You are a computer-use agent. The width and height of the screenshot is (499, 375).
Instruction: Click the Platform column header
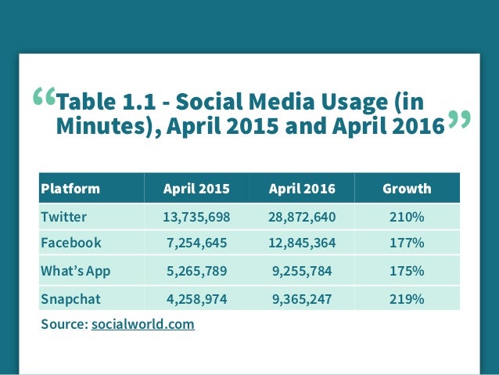tap(70, 189)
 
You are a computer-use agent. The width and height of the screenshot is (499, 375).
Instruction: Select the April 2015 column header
tap(196, 189)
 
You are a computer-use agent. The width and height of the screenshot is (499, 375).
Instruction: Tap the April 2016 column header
tap(302, 189)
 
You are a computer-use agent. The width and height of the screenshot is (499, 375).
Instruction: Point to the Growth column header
tap(407, 189)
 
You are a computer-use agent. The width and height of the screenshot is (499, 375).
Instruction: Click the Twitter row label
tap(63, 217)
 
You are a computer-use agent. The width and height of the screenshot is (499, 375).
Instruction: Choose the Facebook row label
tap(71, 243)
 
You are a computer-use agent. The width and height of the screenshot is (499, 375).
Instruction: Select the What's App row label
tap(76, 271)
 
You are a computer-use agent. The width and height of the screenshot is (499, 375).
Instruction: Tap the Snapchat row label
tap(70, 299)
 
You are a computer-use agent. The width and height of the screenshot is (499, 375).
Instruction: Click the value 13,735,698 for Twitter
tap(196, 218)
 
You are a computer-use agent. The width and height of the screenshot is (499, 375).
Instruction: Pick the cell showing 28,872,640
tap(302, 218)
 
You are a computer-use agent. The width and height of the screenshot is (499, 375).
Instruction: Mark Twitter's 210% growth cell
tap(407, 218)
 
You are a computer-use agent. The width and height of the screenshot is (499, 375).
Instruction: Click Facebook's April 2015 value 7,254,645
tap(197, 243)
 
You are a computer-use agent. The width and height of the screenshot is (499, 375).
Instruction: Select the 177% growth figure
tap(407, 243)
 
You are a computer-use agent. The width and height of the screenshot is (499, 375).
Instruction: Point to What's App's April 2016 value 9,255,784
tap(302, 271)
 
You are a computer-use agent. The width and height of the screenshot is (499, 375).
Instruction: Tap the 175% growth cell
tap(407, 271)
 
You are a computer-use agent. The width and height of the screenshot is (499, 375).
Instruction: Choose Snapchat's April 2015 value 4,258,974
tap(197, 299)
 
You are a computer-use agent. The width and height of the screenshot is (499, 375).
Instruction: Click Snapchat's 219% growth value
tap(407, 299)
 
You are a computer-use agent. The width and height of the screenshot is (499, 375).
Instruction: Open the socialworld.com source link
tap(143, 324)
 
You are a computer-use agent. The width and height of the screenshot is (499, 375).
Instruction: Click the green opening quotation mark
tap(45, 96)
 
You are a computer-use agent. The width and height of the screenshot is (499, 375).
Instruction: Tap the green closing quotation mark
tap(459, 120)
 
